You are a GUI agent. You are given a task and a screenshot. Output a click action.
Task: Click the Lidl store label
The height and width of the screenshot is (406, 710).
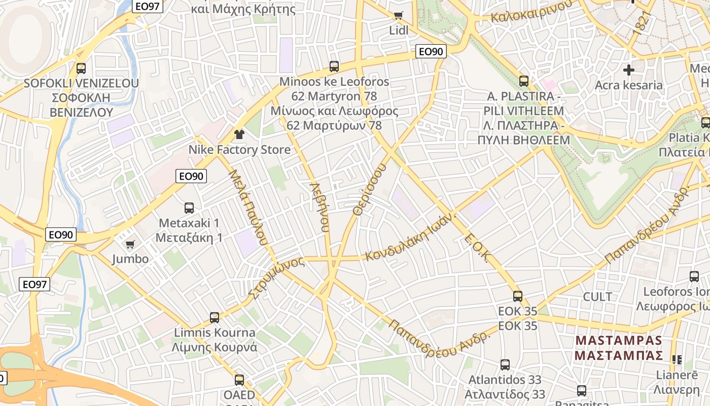(399, 30)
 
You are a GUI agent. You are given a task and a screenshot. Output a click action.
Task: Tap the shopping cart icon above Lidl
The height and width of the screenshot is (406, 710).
(399, 15)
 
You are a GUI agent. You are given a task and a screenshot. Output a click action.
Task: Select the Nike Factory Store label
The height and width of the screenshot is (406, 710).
(239, 150)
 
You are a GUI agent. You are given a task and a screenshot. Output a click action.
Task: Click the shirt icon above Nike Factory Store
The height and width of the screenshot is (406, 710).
(239, 134)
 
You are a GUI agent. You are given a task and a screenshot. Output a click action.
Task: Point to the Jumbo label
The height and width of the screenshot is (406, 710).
(130, 259)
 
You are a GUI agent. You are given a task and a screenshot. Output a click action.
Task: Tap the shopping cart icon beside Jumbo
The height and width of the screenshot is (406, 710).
(130, 244)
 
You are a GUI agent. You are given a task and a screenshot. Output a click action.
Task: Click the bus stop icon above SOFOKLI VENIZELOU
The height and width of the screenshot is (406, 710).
(81, 68)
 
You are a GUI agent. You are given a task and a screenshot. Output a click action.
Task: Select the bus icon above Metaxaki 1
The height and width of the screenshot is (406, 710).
(189, 208)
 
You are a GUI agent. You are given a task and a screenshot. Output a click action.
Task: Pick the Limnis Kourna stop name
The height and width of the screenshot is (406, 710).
(215, 333)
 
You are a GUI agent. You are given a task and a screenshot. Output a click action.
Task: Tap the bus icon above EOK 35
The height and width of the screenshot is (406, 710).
(517, 296)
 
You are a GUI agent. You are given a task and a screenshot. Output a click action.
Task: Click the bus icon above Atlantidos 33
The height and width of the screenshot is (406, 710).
(505, 364)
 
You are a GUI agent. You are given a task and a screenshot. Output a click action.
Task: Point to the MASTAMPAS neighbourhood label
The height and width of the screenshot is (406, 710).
(619, 341)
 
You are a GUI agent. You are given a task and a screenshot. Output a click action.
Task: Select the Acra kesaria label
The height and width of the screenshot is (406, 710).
(629, 85)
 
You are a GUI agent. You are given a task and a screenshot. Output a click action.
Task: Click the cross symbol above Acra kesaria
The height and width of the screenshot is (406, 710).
(629, 70)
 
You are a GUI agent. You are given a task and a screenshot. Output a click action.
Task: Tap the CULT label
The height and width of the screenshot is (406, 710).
(597, 297)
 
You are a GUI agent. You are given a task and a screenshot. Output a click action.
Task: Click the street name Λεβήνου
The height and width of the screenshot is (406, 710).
(319, 207)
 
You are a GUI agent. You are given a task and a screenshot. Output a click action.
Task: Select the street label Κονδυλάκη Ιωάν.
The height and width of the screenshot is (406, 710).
(411, 236)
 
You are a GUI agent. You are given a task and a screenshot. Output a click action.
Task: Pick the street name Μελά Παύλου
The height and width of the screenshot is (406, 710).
(248, 208)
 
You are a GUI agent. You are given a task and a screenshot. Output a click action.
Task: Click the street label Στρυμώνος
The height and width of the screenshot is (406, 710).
(276, 277)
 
